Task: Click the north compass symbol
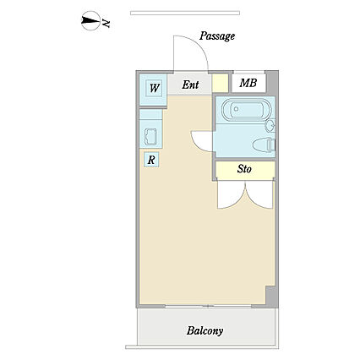[90, 20]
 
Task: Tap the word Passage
[217, 36]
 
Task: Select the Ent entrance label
[190, 85]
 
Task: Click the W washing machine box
[155, 88]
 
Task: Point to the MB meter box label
[248, 83]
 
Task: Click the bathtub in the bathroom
[246, 109]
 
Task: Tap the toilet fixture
[264, 145]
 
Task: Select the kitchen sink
[150, 137]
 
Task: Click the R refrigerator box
[151, 160]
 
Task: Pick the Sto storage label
[244, 169]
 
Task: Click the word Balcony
[205, 331]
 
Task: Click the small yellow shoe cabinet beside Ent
[220, 83]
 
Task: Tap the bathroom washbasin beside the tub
[270, 125]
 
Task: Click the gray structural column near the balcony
[271, 296]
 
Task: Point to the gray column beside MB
[271, 83]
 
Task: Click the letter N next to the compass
[106, 23]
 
